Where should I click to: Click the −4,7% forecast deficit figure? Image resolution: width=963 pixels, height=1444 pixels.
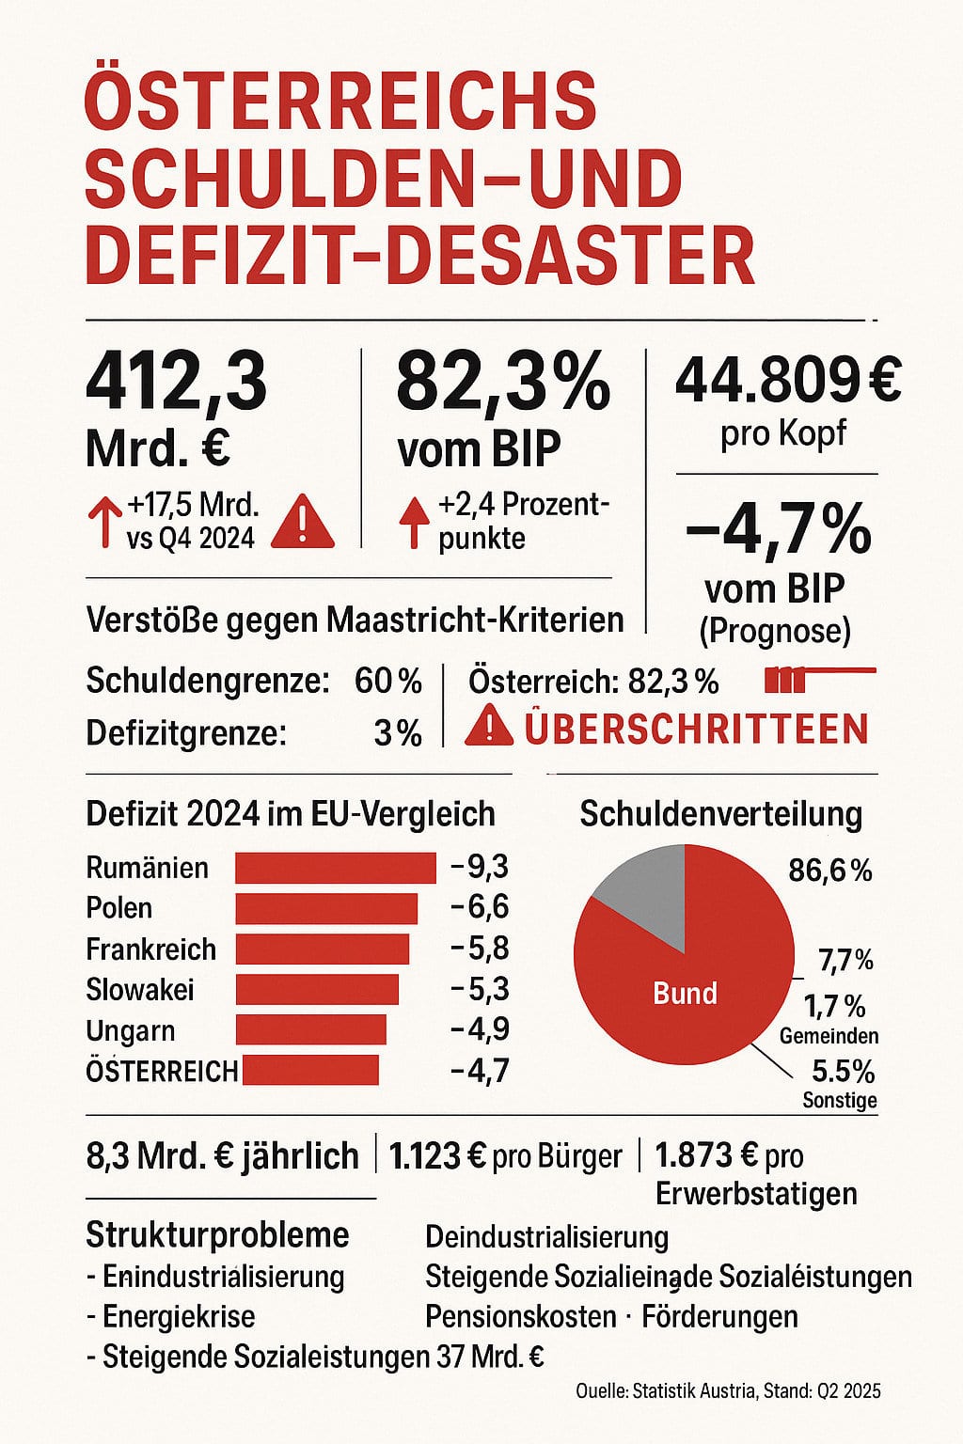point(778,530)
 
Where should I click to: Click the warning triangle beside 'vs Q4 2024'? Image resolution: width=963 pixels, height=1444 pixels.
point(302,523)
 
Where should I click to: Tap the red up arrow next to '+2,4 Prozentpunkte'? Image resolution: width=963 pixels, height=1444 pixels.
point(412,523)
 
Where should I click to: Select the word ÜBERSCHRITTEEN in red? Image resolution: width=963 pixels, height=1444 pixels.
point(696,729)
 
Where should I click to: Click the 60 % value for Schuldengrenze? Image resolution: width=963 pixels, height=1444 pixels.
point(387,681)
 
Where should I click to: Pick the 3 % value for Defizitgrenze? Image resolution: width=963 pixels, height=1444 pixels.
point(397,733)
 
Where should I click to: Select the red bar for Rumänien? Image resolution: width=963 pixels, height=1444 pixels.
point(336,868)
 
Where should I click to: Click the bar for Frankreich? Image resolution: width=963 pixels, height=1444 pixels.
point(323,949)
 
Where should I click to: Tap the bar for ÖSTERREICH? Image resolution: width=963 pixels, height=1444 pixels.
point(310,1070)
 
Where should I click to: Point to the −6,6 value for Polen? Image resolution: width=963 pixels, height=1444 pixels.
point(480,907)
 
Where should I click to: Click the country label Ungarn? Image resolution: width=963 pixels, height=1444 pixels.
point(130,1030)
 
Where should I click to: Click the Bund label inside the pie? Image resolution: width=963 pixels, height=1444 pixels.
point(685,994)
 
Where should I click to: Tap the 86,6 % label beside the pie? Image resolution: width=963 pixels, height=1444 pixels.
point(829,871)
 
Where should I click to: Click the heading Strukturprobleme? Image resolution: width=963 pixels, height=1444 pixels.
point(217,1234)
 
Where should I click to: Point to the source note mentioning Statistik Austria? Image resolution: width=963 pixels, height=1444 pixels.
point(728,1390)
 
